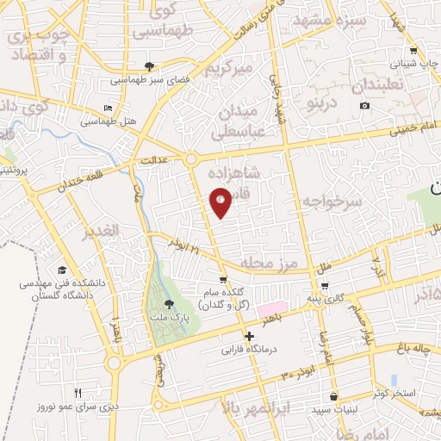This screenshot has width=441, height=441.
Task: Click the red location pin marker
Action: pyautogui.click(x=220, y=202)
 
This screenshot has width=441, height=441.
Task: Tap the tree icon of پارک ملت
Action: pyautogui.click(x=169, y=304)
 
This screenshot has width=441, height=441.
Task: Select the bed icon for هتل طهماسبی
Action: pyautogui.click(x=108, y=108)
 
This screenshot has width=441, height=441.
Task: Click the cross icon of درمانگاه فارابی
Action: pyautogui.click(x=249, y=337)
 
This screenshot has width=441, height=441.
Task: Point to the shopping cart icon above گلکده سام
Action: pyautogui.click(x=223, y=279)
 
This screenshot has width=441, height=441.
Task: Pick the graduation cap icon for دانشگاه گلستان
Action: pyautogui.click(x=61, y=270)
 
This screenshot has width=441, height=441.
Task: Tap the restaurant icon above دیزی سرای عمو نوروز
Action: pyautogui.click(x=78, y=393)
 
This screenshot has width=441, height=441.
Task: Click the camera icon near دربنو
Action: pyautogui.click(x=364, y=105)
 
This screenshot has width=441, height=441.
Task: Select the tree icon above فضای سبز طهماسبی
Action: pyautogui.click(x=150, y=66)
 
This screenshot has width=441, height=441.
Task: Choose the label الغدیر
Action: pyautogui.click(x=98, y=233)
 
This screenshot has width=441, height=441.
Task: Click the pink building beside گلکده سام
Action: pyautogui.click(x=271, y=307)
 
